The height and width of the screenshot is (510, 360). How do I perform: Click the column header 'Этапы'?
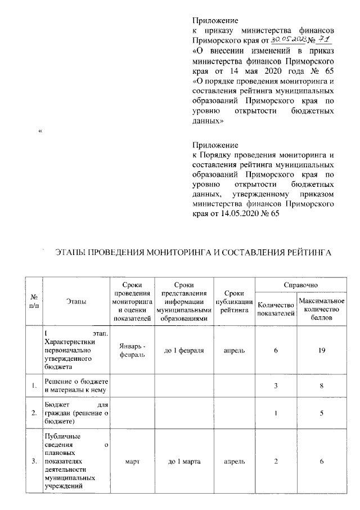[76, 303]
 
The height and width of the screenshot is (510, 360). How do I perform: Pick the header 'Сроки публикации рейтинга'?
[233, 303]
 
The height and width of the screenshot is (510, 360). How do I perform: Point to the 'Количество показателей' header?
[276, 310]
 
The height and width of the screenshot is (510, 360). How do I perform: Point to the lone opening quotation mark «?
[39, 132]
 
